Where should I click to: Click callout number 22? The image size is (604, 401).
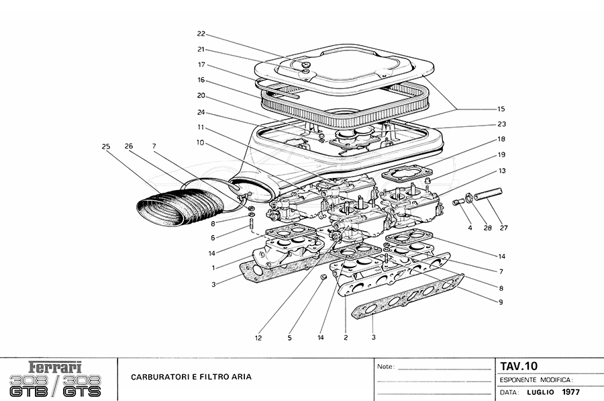pyautogui.click(x=201, y=34)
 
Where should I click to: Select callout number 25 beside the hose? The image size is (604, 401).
pyautogui.click(x=106, y=146)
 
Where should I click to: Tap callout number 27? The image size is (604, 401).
pyautogui.click(x=503, y=228)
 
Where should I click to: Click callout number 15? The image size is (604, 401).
pyautogui.click(x=501, y=109)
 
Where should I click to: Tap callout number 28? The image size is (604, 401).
pyautogui.click(x=488, y=228)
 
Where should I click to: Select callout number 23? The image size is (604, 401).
pyautogui.click(x=501, y=124)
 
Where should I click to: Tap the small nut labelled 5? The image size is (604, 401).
pyautogui.click(x=322, y=276)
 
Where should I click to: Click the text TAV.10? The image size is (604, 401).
pyautogui.click(x=519, y=366)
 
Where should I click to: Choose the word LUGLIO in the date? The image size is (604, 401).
pyautogui.click(x=539, y=392)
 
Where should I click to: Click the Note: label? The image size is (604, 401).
pyautogui.click(x=387, y=367)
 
